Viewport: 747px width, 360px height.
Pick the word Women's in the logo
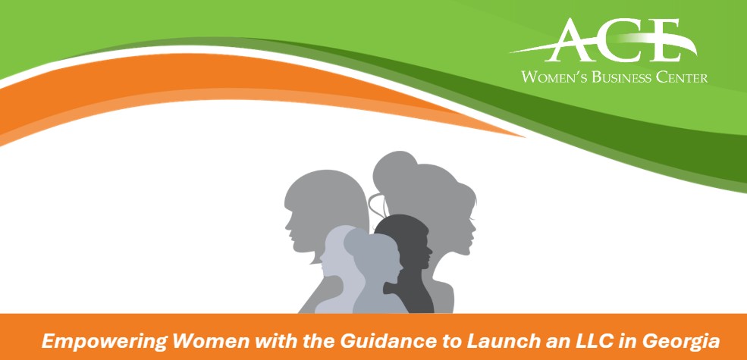coord(554,77)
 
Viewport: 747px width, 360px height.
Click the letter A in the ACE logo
coord(568,41)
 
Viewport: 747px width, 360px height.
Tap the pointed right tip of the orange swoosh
coord(523,137)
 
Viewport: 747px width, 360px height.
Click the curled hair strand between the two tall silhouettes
coord(375,205)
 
